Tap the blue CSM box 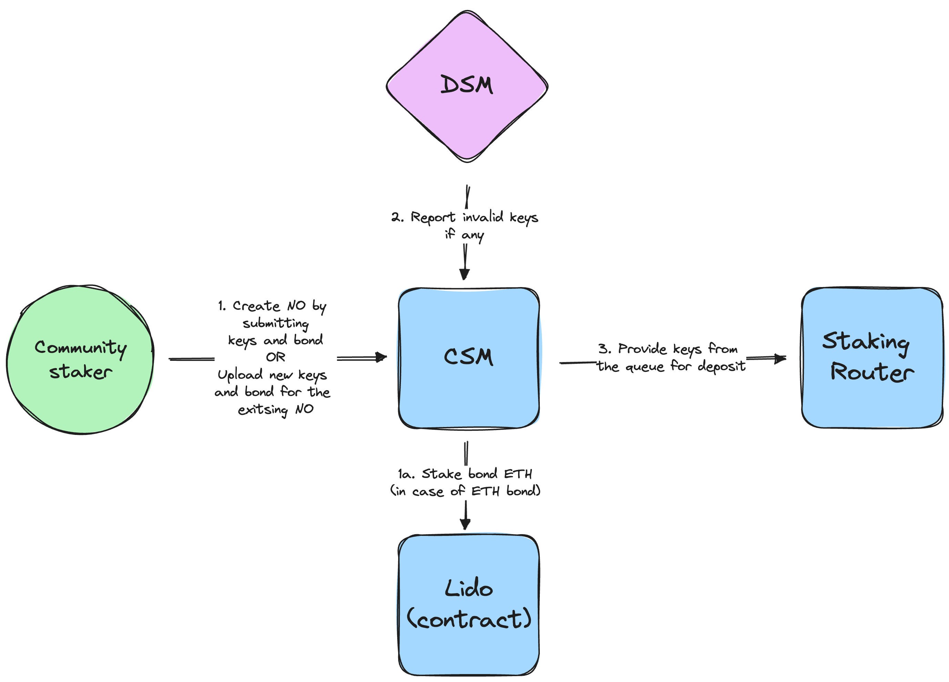click(x=469, y=393)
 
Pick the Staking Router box click(x=872, y=402)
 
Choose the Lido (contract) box click(x=469, y=649)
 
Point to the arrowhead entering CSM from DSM click(x=464, y=274)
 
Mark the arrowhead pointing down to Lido click(x=465, y=524)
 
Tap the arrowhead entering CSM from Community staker click(x=382, y=357)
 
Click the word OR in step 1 click(x=276, y=357)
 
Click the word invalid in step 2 click(x=483, y=217)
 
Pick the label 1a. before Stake click(x=406, y=474)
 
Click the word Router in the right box click(x=872, y=372)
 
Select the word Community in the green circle click(x=80, y=348)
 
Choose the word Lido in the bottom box click(x=469, y=588)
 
